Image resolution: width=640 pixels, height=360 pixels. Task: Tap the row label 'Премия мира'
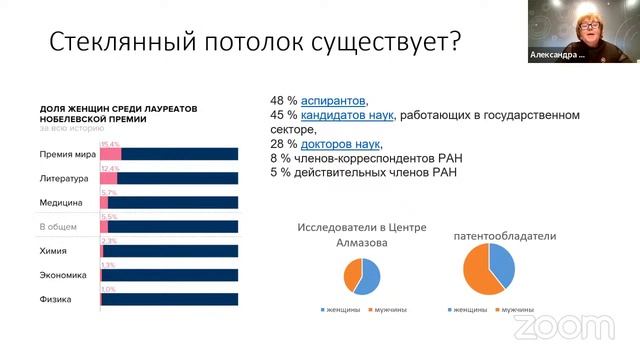tap(64, 154)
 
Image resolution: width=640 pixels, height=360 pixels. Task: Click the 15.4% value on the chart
tap(110, 144)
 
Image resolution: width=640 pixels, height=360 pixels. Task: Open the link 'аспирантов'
tap(333, 102)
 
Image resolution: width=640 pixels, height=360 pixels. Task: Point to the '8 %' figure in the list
tap(281, 158)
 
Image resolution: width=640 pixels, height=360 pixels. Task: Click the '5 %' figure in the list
tap(281, 172)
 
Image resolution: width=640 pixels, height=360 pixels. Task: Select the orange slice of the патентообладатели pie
tap(478, 275)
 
